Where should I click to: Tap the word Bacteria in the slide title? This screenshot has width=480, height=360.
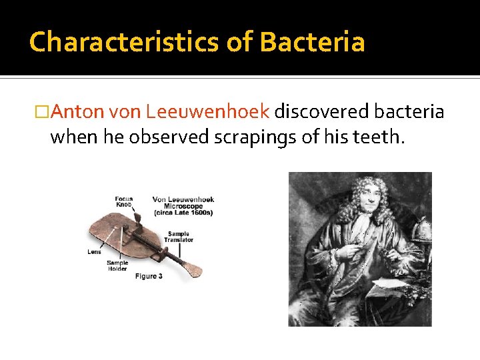tap(312, 42)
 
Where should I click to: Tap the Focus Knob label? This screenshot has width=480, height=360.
tap(123, 201)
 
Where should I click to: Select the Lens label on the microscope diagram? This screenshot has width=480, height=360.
tap(94, 251)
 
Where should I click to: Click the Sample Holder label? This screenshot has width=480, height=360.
tap(117, 265)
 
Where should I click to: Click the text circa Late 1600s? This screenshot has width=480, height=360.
tap(183, 213)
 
